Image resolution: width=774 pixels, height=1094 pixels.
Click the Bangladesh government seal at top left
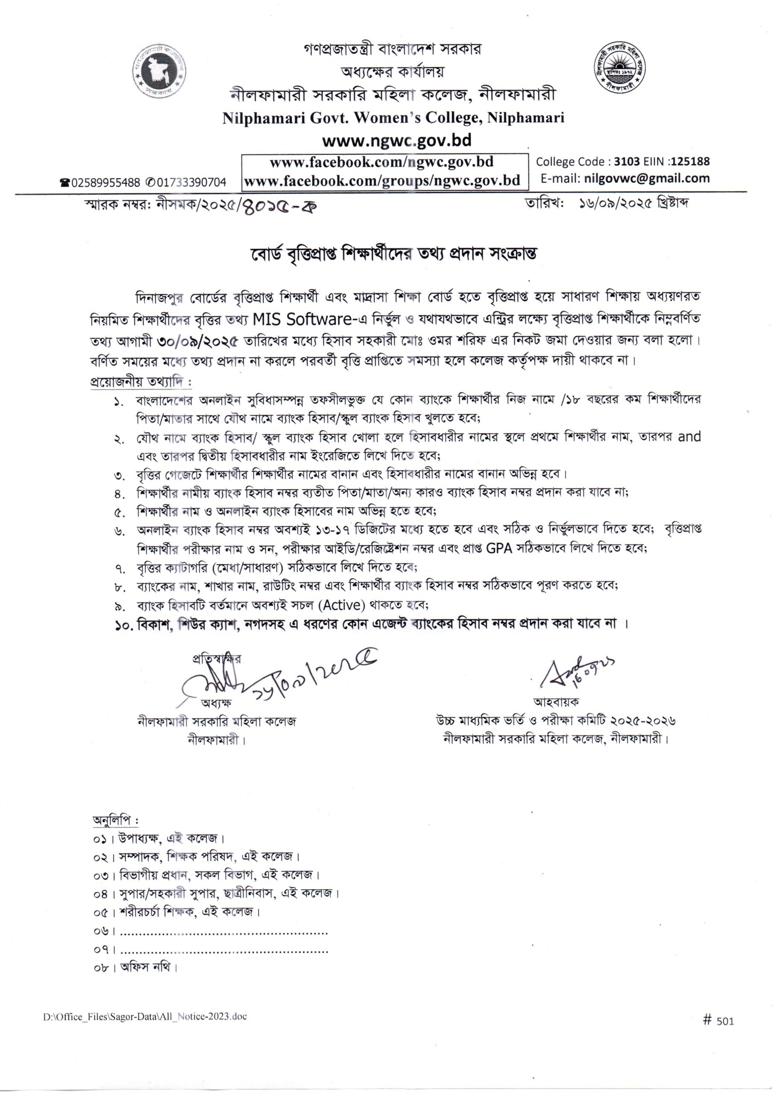[160, 73]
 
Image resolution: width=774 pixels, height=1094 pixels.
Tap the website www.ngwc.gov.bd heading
[396, 141]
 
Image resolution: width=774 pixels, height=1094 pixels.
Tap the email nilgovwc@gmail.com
[646, 179]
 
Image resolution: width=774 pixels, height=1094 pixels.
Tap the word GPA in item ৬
[498, 548]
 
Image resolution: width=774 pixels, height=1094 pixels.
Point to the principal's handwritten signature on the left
[214, 685]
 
